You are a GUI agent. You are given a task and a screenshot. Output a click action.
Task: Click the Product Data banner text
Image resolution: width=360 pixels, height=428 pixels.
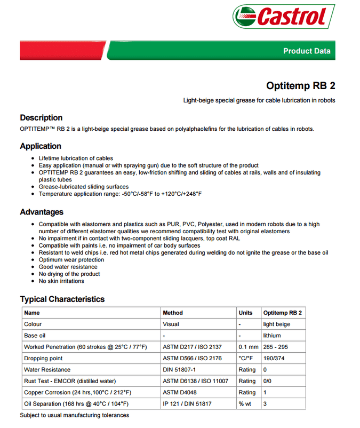click(307, 51)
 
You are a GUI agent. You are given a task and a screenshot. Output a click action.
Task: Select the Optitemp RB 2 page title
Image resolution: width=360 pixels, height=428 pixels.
click(301, 86)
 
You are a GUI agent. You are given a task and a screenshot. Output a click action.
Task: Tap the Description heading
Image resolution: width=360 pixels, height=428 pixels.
click(41, 118)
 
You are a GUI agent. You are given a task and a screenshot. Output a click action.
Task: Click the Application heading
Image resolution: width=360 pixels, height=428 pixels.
click(41, 146)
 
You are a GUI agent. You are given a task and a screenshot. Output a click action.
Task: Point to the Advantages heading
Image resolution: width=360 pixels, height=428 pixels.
click(42, 212)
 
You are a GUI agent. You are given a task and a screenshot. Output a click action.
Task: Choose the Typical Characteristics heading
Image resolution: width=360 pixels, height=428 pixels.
click(62, 299)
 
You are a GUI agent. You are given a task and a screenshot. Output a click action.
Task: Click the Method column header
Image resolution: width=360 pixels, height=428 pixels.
click(173, 313)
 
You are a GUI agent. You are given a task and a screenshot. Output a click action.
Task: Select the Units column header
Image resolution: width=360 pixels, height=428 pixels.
click(246, 313)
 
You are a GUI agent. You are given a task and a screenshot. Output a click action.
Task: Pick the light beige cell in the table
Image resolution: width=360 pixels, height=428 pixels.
click(277, 324)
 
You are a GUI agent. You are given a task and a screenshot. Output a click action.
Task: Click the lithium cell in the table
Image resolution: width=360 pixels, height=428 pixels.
click(272, 336)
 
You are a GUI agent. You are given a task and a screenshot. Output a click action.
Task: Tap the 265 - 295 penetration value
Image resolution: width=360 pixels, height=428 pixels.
click(275, 347)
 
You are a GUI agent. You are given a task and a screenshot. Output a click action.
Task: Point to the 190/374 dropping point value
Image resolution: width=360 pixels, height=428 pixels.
click(274, 359)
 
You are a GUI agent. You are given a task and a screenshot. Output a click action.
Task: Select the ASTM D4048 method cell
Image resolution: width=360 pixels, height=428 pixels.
click(180, 392)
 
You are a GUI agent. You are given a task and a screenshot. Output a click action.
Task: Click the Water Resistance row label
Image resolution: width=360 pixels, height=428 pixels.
click(47, 370)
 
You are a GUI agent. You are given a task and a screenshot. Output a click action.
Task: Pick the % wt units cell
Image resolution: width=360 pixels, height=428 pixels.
click(245, 404)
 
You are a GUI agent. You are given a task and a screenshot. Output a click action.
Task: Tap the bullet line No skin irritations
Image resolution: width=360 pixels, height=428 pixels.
click(61, 281)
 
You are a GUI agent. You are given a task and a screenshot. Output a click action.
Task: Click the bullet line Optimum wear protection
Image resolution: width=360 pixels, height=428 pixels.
click(71, 260)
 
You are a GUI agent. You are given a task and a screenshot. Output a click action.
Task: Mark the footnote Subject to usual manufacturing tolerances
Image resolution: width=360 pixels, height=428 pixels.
click(74, 415)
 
